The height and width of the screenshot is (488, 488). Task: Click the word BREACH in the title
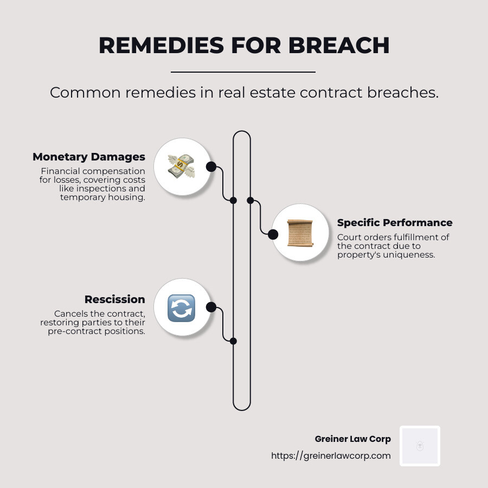point(339,46)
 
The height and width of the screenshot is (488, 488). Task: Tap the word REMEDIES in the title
point(161,46)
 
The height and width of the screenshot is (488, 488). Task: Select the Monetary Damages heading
point(89,157)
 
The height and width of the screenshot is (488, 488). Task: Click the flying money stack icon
point(181,166)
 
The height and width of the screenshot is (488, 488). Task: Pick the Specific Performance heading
point(395,223)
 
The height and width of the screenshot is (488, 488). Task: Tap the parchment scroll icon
point(300,233)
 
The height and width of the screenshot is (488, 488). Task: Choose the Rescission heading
point(115,299)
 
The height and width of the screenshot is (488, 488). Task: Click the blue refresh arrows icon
point(181,308)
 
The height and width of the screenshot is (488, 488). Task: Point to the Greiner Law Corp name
point(352,439)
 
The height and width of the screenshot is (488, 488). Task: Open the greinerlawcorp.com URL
point(331,455)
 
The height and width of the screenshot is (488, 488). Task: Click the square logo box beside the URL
point(420,446)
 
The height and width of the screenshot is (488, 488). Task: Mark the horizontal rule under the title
point(243,72)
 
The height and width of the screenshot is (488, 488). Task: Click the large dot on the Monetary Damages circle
point(211,167)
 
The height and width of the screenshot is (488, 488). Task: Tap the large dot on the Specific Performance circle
point(273,234)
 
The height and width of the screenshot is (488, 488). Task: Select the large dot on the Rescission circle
point(211,307)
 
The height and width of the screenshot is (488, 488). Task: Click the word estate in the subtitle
point(271,93)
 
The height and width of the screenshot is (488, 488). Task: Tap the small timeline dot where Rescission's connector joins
point(233,341)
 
